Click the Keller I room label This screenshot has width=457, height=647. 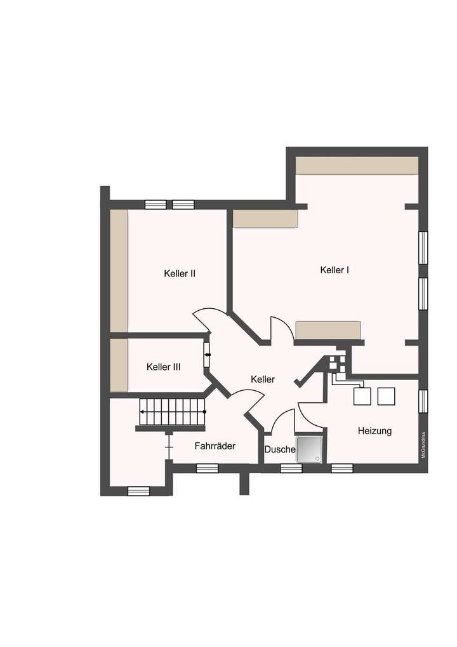(x=334, y=270)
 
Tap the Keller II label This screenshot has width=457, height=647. (x=179, y=274)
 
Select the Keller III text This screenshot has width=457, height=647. (x=163, y=367)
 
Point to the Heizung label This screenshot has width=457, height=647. (x=374, y=431)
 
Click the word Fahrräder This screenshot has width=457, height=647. (x=215, y=446)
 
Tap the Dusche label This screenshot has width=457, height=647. (x=279, y=449)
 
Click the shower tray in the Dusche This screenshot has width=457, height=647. (x=309, y=449)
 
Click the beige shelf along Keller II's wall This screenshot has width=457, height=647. (x=119, y=270)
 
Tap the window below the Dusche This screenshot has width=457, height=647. (x=291, y=468)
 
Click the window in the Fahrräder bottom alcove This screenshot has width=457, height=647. (x=138, y=491)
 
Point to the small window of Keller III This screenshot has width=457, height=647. (x=207, y=355)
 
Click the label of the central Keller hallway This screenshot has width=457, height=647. (x=263, y=379)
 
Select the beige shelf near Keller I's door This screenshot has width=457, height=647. (x=328, y=330)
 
